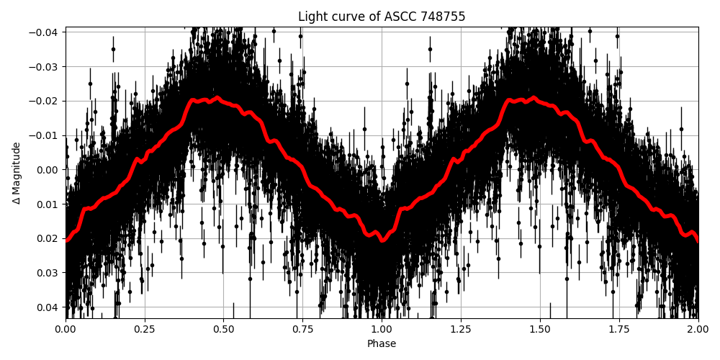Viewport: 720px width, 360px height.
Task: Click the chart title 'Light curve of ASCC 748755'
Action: coord(382,17)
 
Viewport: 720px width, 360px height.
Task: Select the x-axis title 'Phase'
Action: coord(382,344)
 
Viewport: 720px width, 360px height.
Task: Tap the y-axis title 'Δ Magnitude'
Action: coord(17,173)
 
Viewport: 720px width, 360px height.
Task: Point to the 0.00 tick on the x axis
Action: coord(66,329)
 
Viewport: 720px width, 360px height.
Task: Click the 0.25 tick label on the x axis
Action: coord(145,329)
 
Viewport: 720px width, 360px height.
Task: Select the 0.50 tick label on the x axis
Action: coord(223,329)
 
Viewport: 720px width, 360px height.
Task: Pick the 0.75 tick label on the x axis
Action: coord(302,329)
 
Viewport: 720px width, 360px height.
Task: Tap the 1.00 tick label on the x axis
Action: coord(382,329)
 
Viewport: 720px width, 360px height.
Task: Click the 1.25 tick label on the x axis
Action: coord(461,329)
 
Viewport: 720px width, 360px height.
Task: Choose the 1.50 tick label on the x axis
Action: coord(540,329)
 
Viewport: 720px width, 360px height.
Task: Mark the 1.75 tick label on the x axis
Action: coord(619,329)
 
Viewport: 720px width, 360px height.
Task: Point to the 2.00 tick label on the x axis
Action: coord(698,329)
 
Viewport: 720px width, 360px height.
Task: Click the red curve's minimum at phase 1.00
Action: coord(382,240)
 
